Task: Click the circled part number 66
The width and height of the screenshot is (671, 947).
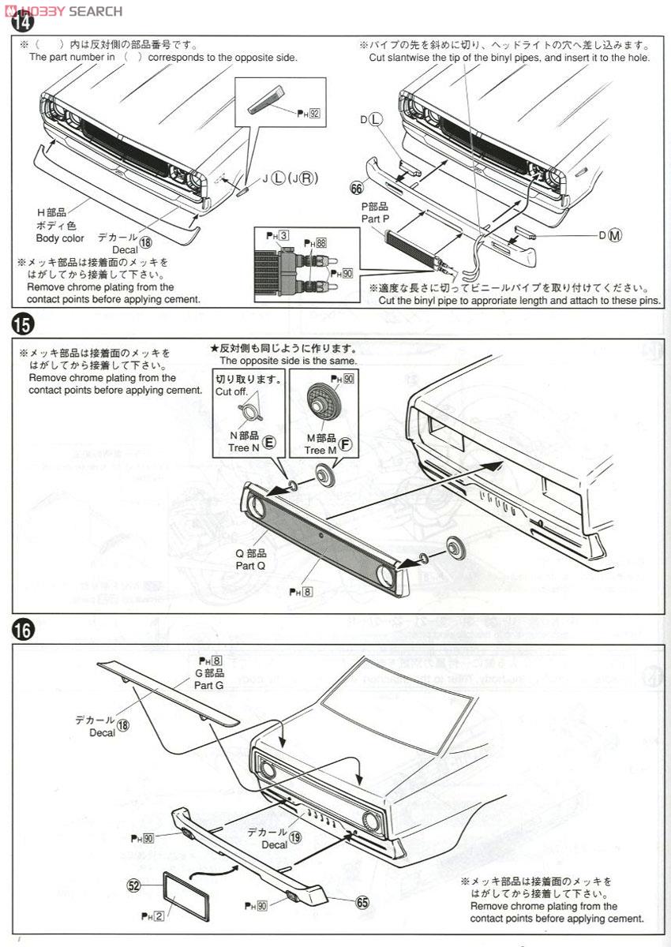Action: coord(356,187)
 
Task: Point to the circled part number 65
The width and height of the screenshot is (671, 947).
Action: coord(362,903)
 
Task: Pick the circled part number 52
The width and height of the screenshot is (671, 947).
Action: coord(133,885)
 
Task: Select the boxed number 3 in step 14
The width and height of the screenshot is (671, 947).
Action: coord(283,235)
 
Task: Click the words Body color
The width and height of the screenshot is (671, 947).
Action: coord(60,238)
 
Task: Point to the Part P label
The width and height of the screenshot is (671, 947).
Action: coord(375,219)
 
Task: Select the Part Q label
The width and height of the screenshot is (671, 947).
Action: coord(250,565)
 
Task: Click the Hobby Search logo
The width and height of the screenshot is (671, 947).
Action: coord(62,10)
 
